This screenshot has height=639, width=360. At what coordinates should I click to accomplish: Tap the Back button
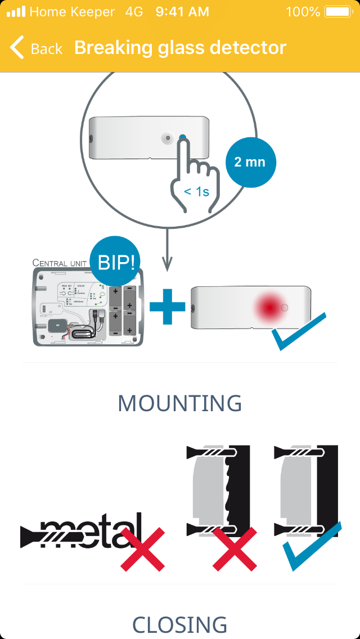(36, 48)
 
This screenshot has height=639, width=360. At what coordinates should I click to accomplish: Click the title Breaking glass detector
(180, 48)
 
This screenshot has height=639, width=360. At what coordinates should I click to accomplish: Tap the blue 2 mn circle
(249, 162)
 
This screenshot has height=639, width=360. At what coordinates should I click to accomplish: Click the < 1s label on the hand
(196, 192)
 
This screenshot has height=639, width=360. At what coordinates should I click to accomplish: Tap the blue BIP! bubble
(116, 262)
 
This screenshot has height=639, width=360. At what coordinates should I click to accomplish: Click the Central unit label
(60, 263)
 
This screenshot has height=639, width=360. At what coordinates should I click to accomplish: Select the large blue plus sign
(167, 305)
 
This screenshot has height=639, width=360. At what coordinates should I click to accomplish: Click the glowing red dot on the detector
(270, 308)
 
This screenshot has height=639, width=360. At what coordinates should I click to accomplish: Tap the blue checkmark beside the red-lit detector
(298, 332)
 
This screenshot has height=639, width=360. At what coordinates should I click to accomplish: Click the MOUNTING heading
(180, 403)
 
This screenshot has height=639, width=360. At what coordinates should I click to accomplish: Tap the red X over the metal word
(142, 549)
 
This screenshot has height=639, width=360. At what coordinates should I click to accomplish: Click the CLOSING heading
(180, 624)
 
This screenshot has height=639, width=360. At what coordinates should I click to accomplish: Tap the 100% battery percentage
(303, 12)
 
